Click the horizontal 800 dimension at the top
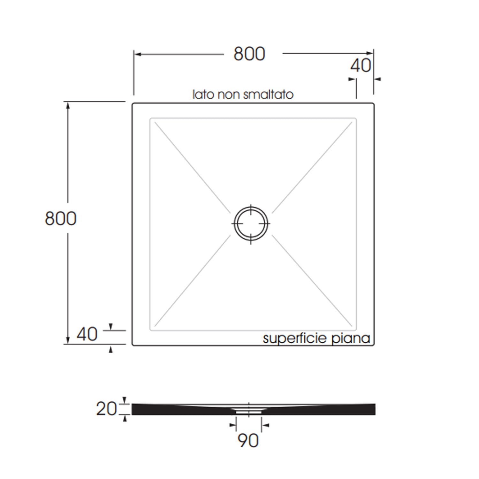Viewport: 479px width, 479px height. [249, 54]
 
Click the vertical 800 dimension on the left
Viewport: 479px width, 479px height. [61, 219]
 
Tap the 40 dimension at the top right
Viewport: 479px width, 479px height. [361, 66]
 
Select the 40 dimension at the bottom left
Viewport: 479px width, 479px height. [87, 334]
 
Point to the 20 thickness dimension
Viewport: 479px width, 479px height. [107, 409]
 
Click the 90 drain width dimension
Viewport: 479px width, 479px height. [248, 441]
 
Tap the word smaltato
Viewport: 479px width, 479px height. [268, 94]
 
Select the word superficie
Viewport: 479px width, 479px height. [296, 338]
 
